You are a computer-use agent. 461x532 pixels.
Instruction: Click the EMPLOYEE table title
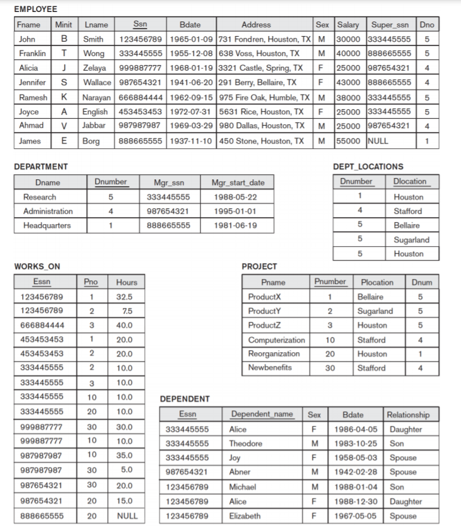point(35,9)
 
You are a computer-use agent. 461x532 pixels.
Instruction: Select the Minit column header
point(64,25)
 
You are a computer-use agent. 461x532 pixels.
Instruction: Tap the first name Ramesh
point(32,97)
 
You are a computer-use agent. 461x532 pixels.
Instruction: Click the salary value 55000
point(347,141)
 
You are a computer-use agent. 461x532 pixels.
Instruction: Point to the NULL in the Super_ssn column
point(378,141)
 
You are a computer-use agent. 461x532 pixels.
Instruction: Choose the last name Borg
point(91,141)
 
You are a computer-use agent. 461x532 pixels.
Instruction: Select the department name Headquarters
point(47,225)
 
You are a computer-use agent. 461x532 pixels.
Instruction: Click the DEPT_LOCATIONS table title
point(368,167)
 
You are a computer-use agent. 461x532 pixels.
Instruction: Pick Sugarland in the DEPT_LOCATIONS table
point(411,240)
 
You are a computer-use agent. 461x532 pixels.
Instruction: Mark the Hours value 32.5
point(124,297)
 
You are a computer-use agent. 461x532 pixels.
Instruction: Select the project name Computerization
point(276,340)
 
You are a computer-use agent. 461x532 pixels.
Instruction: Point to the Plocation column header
point(376,282)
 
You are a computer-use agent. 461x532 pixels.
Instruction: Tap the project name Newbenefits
point(270,368)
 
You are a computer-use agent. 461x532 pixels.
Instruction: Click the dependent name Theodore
point(246,444)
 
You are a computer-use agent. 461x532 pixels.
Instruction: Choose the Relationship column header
point(408,415)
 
